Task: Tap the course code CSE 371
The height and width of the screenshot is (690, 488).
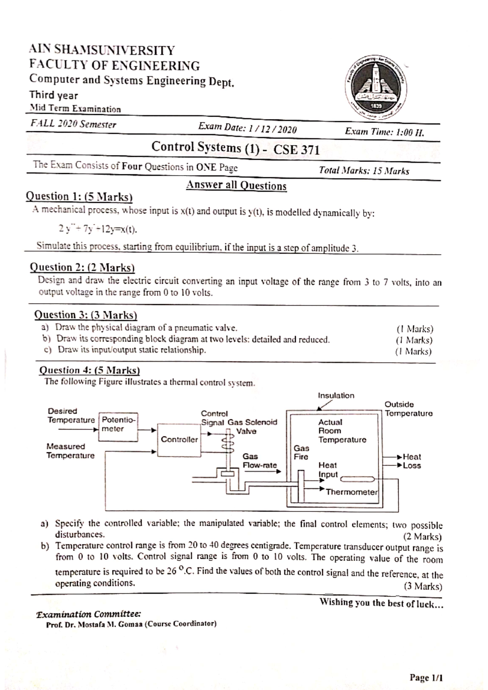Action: pos(296,150)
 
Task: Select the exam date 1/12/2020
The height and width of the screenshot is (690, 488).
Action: pos(272,129)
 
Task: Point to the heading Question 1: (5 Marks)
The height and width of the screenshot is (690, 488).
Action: pos(80,197)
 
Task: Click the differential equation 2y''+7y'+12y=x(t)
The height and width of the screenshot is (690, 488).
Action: pos(98,229)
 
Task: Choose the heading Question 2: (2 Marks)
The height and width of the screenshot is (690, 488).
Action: pos(83,267)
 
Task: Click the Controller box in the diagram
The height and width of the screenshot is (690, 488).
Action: pos(179,440)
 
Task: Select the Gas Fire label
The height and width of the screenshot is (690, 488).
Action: pos(301,452)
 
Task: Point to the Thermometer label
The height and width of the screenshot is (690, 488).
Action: pos(352,492)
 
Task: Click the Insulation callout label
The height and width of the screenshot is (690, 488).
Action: pos(336,395)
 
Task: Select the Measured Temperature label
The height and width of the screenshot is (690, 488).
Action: pos(70,451)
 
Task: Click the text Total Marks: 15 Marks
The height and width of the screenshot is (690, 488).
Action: pos(364,171)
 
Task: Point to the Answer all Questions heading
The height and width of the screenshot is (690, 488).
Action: pos(236,186)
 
